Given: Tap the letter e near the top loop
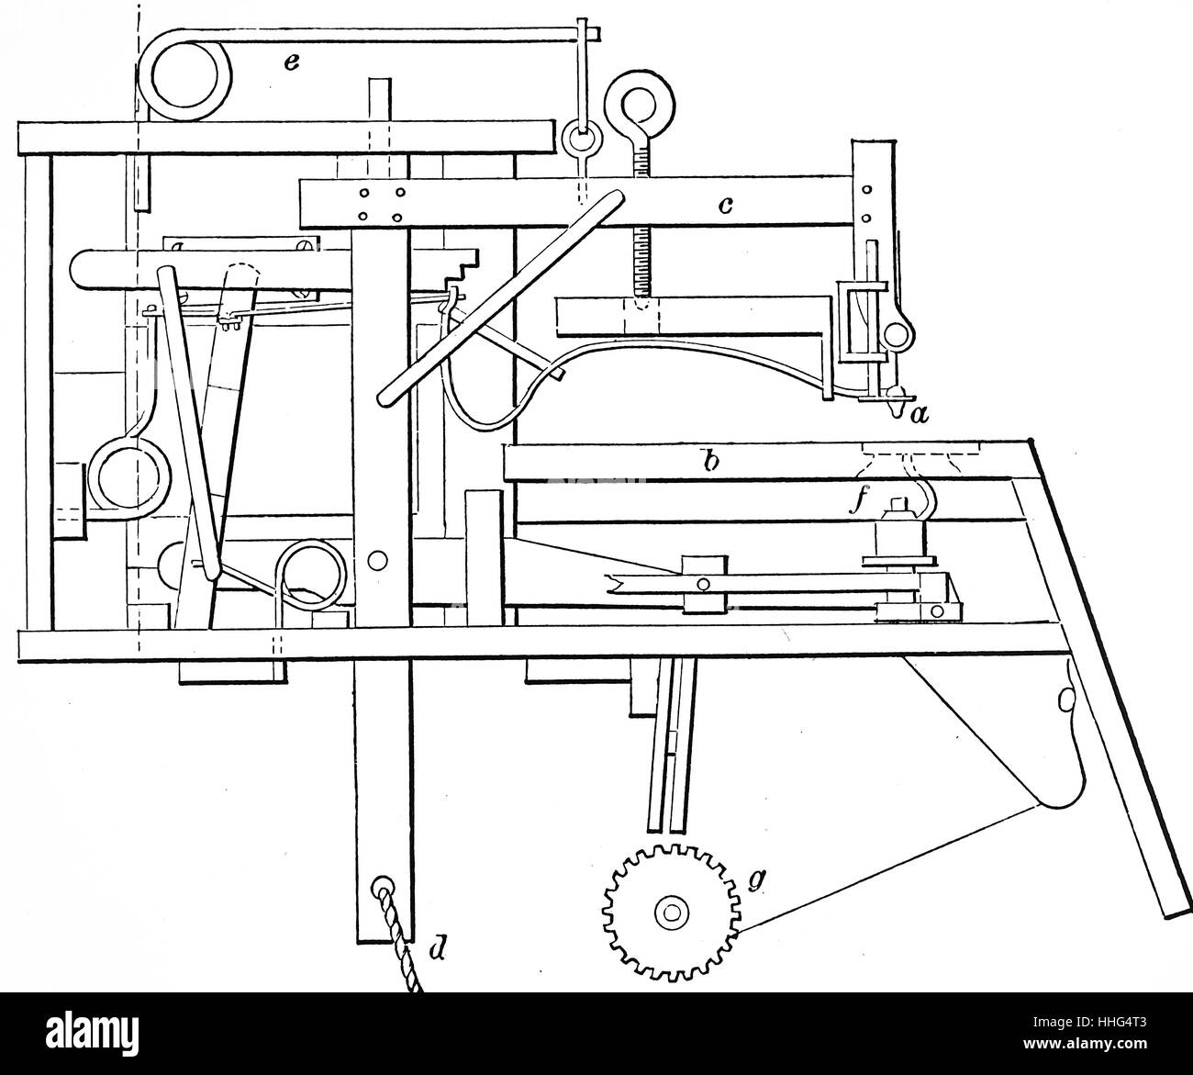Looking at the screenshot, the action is point(290,62).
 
